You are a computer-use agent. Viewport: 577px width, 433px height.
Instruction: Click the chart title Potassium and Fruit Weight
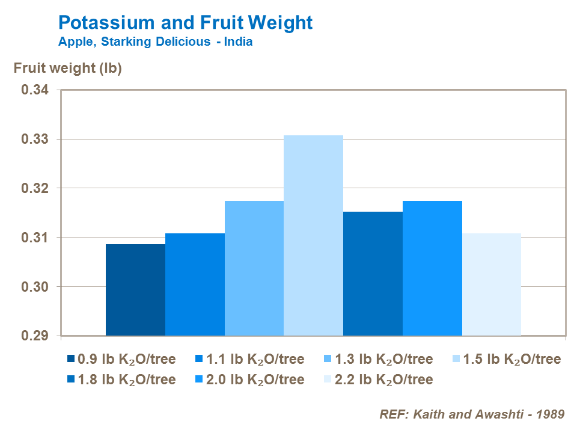point(185,23)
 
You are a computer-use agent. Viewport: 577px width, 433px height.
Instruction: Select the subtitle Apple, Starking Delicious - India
point(155,42)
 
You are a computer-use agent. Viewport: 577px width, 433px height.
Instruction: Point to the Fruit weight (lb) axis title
point(68,69)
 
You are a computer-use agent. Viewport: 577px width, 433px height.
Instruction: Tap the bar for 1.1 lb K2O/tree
point(195,284)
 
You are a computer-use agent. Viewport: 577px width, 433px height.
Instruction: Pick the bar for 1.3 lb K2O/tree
point(254,268)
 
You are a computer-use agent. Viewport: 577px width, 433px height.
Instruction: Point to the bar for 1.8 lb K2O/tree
point(373,274)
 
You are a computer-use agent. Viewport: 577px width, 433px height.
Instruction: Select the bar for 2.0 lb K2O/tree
point(432,268)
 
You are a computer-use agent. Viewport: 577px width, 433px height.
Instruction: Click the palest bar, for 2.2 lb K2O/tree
point(491,284)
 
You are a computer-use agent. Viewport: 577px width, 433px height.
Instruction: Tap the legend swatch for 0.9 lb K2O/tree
point(72,360)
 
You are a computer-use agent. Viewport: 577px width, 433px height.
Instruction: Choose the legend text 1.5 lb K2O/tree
point(512,360)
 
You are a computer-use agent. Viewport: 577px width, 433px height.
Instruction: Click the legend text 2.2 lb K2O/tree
point(384,379)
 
